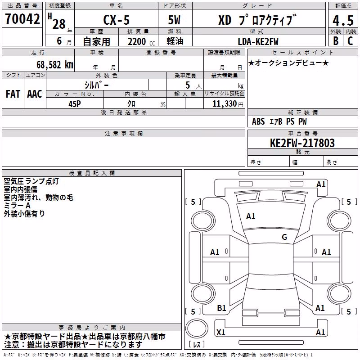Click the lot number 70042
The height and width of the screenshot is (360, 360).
coord(22,18)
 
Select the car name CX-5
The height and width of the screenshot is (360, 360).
coord(117,20)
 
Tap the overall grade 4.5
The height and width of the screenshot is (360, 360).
coord(343,20)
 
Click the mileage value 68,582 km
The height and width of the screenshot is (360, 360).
coord(55,65)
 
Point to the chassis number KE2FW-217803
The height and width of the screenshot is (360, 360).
coord(302,143)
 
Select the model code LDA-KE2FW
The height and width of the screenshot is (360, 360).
coord(258,41)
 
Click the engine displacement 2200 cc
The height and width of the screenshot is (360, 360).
coord(141,42)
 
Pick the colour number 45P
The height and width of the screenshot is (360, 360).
coord(75,104)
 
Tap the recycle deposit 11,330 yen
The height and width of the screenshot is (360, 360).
coord(228,104)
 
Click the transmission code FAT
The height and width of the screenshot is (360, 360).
coord(13,94)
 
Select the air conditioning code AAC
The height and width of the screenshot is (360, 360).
coord(35,94)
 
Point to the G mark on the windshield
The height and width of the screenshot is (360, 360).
coord(284,237)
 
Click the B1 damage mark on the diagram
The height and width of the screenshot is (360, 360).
coord(221,308)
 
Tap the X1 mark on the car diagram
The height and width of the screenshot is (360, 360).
coord(221,332)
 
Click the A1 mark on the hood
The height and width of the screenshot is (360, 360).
coord(251,216)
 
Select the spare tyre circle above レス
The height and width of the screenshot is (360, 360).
coord(197,328)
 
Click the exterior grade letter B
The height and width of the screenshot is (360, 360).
coord(336,41)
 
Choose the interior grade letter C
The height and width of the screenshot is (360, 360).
coord(350,41)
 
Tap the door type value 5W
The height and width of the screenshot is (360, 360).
coord(174,20)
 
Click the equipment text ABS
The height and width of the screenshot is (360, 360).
coord(258,121)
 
